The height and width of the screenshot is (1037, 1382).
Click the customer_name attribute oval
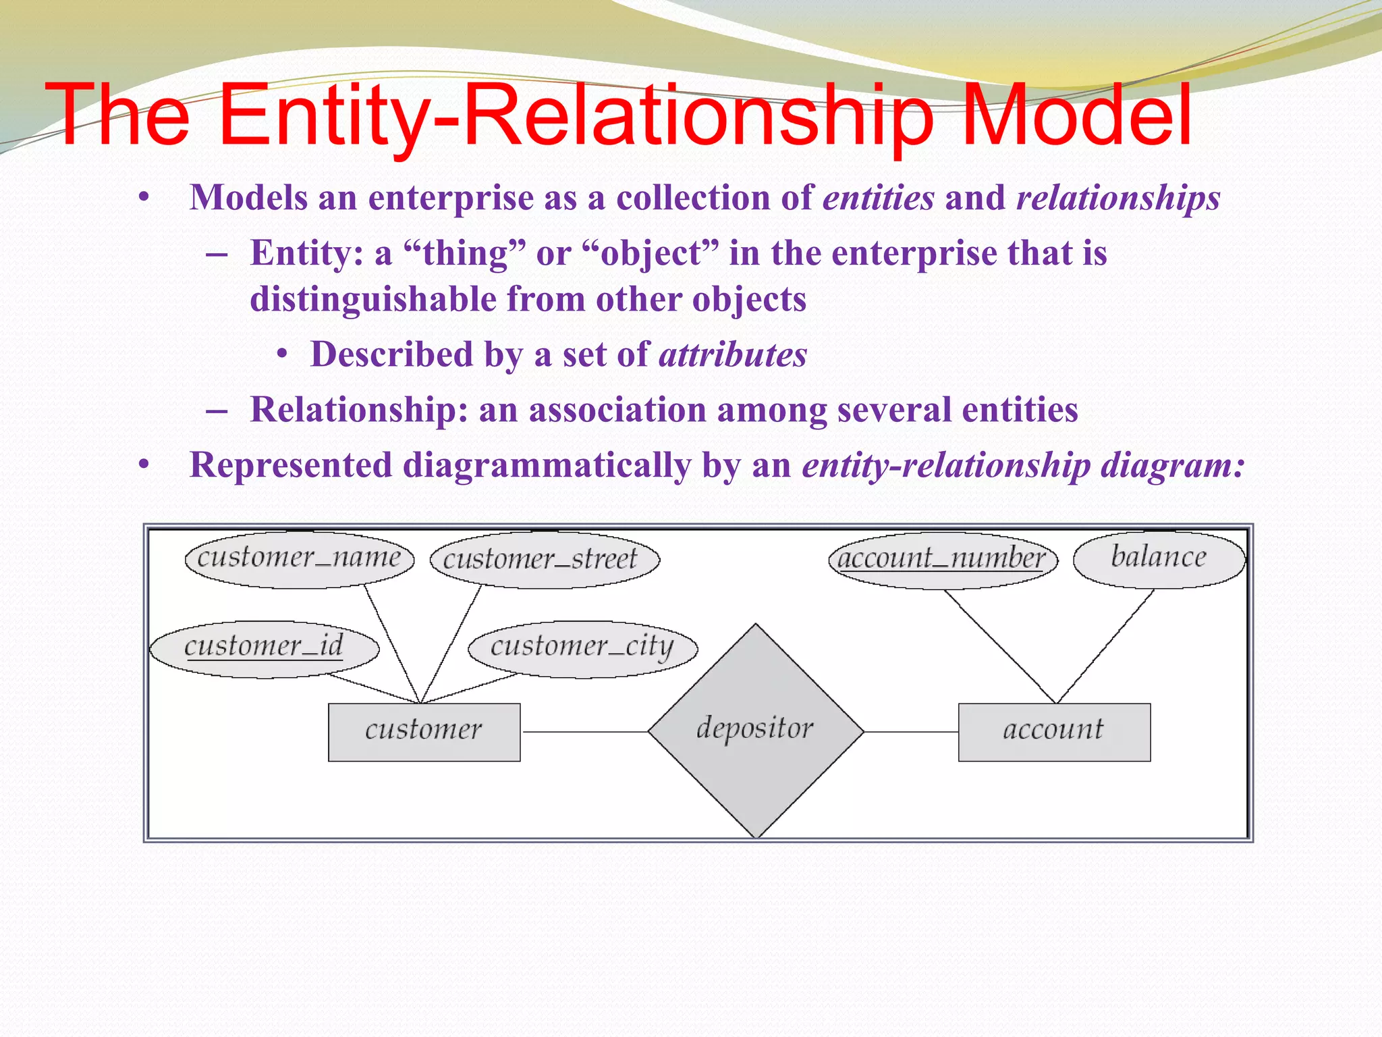[300, 559]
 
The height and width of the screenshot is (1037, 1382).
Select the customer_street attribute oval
[544, 560]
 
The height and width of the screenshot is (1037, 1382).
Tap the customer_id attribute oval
[264, 648]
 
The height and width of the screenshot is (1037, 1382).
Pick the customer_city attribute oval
[582, 648]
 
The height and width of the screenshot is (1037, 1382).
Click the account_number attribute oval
[942, 560]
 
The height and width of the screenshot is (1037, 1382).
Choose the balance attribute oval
[1159, 558]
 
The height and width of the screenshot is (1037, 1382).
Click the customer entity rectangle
[424, 732]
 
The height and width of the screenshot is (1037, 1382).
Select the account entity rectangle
[1054, 732]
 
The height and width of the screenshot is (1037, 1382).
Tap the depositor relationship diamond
[756, 730]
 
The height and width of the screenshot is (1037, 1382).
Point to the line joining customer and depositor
[584, 732]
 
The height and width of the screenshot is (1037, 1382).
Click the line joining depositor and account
[911, 732]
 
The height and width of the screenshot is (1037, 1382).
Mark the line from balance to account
[1105, 646]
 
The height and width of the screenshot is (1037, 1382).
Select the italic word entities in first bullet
[879, 198]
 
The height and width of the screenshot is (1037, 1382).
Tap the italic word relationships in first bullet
[1118, 198]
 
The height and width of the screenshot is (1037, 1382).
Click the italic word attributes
[733, 354]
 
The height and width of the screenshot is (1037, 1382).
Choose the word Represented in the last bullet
[291, 465]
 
